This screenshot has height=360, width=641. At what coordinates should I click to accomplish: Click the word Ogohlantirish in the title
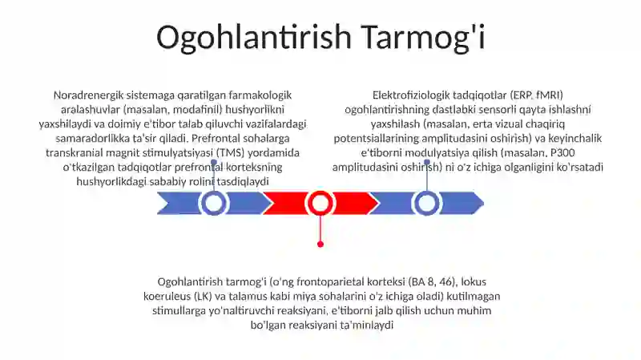(254, 38)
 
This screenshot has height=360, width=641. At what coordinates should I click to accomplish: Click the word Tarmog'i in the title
(424, 38)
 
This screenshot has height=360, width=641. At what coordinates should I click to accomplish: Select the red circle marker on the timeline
(320, 203)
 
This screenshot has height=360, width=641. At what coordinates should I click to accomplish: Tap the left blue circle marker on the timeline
(213, 203)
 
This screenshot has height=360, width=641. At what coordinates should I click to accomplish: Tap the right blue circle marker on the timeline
(427, 203)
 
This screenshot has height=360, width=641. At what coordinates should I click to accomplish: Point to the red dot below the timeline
(320, 245)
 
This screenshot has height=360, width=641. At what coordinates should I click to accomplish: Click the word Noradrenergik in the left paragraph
(88, 95)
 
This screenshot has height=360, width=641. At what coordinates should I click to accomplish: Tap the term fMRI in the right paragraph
(550, 95)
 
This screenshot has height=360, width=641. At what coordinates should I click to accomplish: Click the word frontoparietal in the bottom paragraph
(330, 282)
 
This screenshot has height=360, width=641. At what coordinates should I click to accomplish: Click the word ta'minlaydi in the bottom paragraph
(367, 326)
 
